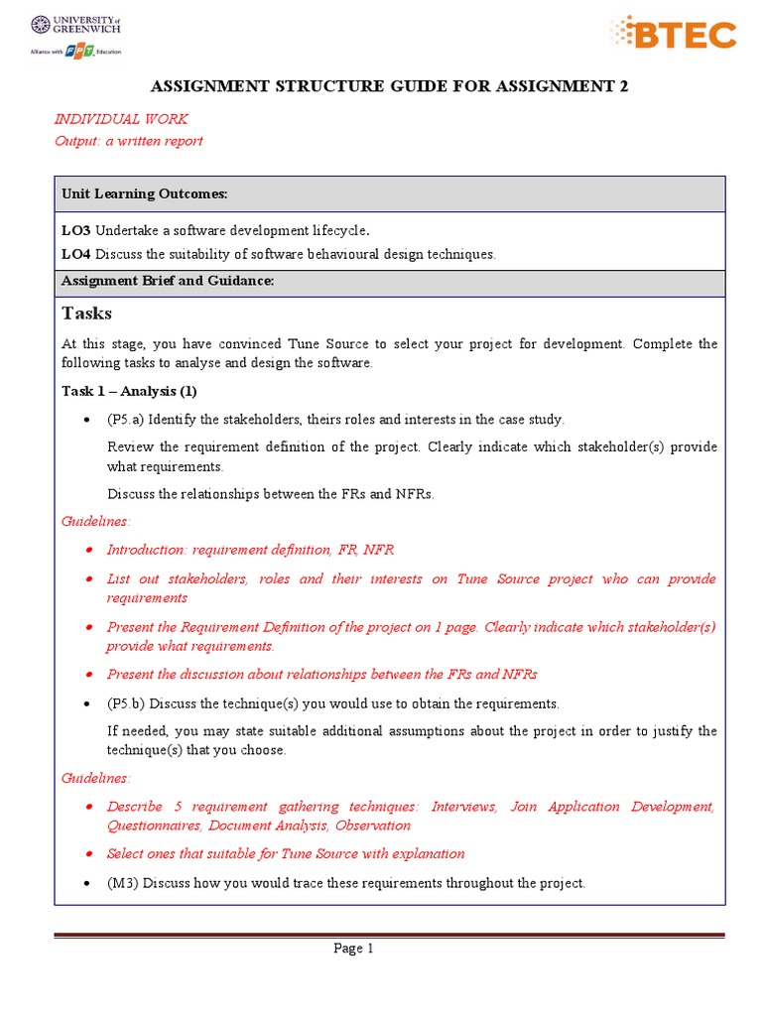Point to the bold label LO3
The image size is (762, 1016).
[75, 230]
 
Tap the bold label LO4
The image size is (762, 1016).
[75, 254]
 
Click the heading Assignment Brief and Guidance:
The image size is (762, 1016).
[167, 281]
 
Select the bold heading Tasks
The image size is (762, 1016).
[87, 314]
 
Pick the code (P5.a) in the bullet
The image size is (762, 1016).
[127, 419]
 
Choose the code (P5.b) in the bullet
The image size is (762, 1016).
[128, 703]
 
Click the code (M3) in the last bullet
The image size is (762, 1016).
[122, 882]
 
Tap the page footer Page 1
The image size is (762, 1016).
[353, 949]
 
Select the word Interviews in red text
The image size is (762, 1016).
[464, 807]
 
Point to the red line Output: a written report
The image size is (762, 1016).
[128, 141]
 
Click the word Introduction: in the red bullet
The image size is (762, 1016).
[147, 550]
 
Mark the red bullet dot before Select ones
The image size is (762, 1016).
[90, 854]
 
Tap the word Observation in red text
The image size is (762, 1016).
[372, 825]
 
